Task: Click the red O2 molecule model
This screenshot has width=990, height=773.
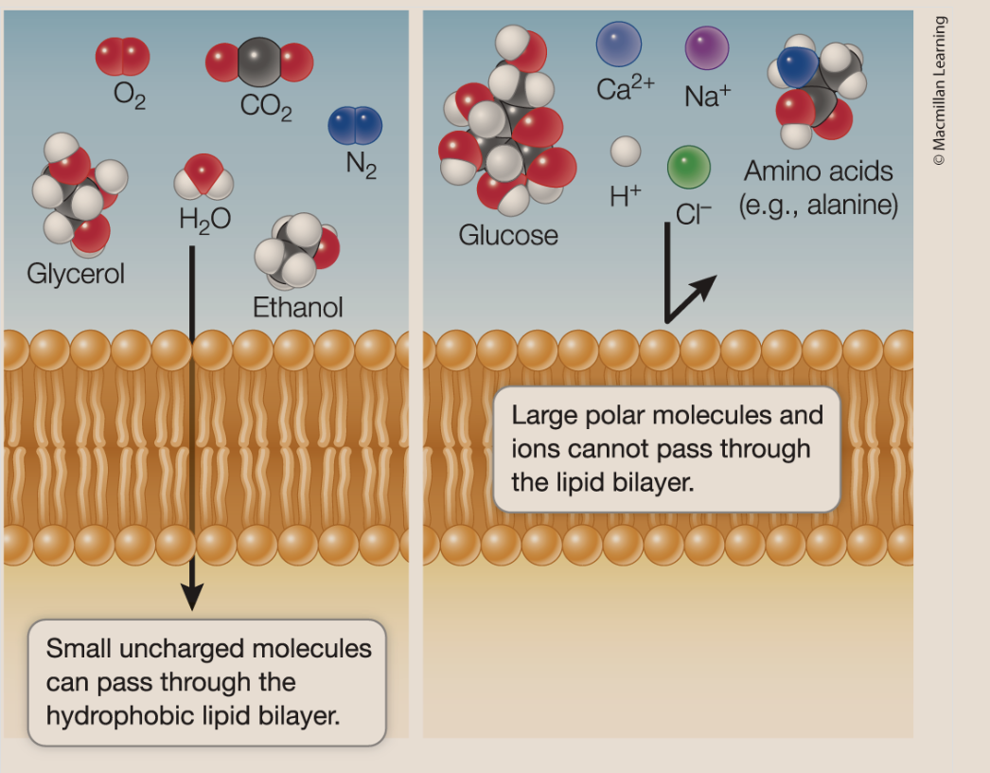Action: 122,57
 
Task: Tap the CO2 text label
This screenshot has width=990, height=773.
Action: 266,105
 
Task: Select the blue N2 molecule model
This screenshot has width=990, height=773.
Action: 355,126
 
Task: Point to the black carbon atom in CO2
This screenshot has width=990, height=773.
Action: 258,62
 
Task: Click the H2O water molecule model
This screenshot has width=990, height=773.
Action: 203,178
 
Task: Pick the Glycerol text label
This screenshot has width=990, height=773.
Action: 76,274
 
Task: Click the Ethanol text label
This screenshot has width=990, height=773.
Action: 297,307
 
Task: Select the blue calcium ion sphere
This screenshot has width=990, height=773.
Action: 618,45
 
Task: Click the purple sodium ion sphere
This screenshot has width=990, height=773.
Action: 706,48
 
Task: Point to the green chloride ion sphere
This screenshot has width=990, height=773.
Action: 689,168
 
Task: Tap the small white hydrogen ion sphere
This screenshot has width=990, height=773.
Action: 626,151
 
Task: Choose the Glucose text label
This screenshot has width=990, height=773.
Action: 508,234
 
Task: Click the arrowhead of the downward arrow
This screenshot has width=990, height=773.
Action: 192,596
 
